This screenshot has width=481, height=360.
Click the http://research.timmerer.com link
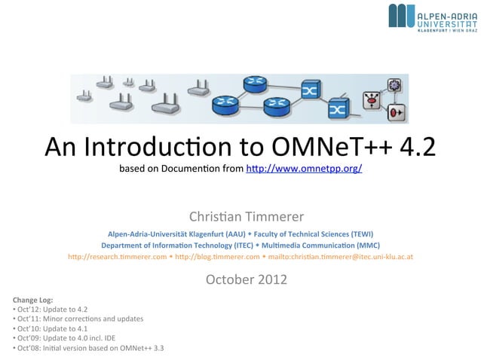pos(117,257)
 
